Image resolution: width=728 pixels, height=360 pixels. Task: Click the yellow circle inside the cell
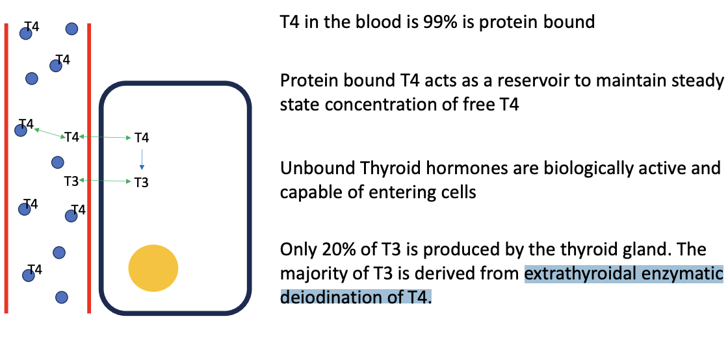(153, 268)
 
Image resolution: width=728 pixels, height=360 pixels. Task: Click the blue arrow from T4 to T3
(142, 159)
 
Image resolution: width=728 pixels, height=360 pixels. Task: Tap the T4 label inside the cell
(142, 138)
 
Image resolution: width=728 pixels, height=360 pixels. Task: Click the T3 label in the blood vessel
(71, 181)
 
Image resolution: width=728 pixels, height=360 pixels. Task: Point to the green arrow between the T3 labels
(106, 181)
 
